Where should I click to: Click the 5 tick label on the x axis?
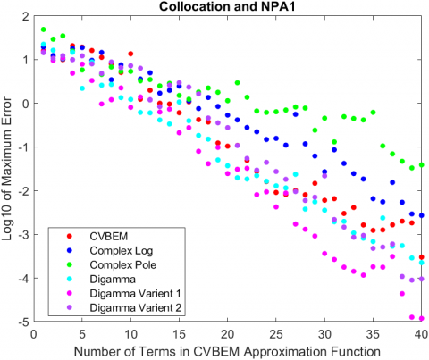(82, 331)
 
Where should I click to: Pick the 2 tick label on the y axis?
(24, 16)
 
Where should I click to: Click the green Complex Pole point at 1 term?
(44, 29)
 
